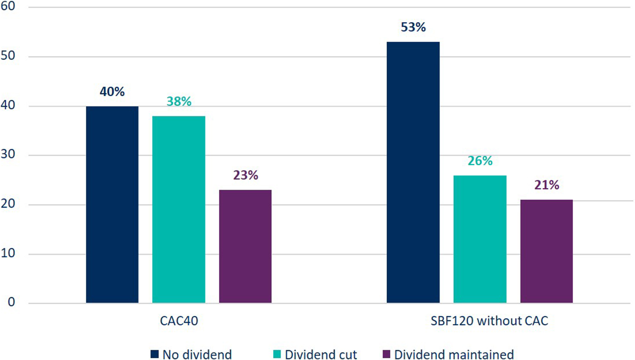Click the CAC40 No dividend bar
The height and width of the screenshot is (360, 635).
(112, 204)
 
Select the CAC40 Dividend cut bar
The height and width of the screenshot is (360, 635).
(179, 209)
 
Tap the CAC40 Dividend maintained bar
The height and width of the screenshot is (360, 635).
(245, 246)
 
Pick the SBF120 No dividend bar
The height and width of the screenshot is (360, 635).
(413, 172)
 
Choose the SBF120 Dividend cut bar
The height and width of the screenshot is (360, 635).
(480, 239)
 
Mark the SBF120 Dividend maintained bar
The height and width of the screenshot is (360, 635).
(547, 251)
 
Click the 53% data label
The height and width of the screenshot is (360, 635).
(413, 27)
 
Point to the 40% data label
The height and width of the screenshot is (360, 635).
(112, 91)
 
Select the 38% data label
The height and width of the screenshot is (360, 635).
(179, 101)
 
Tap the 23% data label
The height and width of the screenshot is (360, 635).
(245, 175)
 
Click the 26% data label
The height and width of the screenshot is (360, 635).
(480, 161)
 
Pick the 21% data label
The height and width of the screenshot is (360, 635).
(547, 185)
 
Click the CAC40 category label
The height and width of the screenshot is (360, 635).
(179, 322)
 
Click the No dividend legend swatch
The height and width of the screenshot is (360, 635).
(155, 354)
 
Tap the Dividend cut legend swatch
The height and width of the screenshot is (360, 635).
(278, 354)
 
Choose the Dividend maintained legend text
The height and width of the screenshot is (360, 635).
(453, 354)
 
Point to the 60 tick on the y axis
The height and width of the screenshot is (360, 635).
(9, 7)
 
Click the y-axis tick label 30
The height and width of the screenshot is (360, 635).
(9, 155)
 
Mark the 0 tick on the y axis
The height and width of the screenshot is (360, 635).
(12, 303)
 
